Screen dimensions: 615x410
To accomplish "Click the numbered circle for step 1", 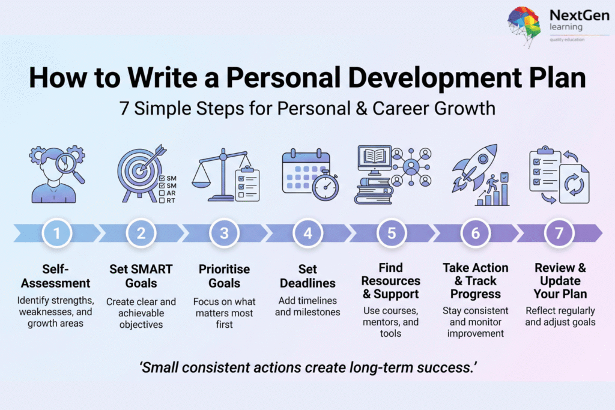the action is [57, 234].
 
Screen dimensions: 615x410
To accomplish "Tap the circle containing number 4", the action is [308, 234].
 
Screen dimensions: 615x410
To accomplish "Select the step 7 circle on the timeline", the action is [559, 234].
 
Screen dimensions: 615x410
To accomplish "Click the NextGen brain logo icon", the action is [524, 26].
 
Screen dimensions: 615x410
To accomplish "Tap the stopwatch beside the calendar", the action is [326, 185].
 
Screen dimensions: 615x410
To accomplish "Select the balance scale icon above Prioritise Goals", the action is [222, 175].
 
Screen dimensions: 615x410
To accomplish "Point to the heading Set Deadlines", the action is [307, 276].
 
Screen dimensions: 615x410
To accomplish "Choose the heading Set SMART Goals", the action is [141, 276].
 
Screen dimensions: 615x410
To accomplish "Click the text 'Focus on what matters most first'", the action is [225, 313].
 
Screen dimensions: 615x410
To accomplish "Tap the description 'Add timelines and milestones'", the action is [307, 306].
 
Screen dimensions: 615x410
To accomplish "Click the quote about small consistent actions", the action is [308, 367].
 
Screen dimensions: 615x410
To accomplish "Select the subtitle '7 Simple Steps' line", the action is [307, 109].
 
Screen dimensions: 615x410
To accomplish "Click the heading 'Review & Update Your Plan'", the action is [560, 281].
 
